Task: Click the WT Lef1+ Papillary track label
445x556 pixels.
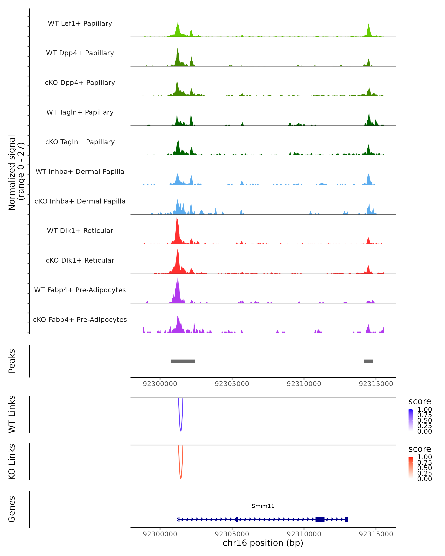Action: point(80,24)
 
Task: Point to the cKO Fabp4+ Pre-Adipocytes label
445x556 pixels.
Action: point(80,320)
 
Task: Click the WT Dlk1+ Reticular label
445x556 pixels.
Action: point(80,231)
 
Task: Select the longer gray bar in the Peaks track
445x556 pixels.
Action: point(183,361)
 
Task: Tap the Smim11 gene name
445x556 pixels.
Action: point(263,506)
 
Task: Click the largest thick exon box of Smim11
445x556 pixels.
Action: point(320,519)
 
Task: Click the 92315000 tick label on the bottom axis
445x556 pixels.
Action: point(376,534)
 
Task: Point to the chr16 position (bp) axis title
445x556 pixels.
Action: point(263,543)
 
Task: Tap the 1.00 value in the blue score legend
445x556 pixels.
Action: point(424,410)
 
